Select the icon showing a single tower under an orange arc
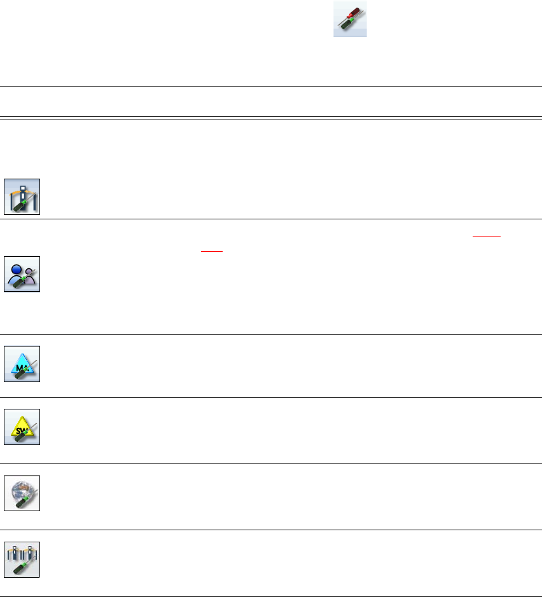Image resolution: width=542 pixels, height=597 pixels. (22, 197)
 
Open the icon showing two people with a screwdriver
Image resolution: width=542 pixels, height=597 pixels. (22, 274)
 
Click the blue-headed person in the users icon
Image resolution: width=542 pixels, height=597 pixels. (18, 270)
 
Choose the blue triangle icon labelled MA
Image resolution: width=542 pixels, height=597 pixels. (22, 364)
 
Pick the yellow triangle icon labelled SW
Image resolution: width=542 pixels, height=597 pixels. (22, 427)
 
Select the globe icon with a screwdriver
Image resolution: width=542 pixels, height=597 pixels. (22, 493)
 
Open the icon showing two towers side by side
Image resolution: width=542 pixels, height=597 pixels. (22, 559)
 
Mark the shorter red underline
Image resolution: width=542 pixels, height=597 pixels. (212, 250)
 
